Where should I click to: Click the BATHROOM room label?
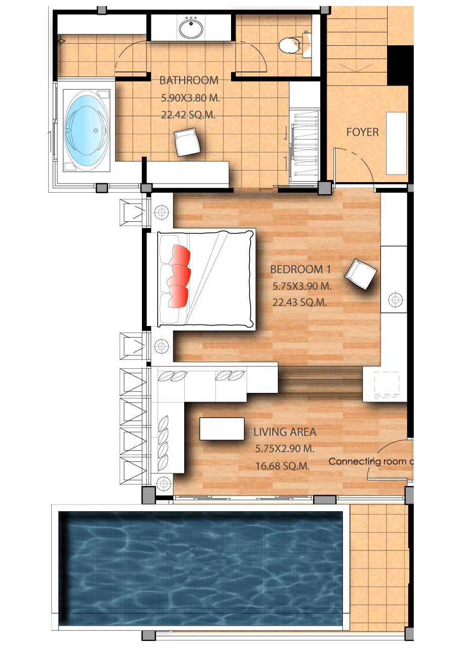click(x=189, y=80)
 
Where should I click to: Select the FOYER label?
click(x=362, y=132)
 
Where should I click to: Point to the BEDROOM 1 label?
click(x=300, y=269)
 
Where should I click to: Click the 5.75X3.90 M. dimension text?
click(x=301, y=286)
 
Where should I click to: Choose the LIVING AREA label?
click(x=284, y=432)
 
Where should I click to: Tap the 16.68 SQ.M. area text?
click(x=282, y=466)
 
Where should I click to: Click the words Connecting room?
click(x=367, y=461)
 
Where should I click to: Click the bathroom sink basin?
click(x=191, y=29)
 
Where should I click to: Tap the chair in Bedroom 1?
click(x=361, y=274)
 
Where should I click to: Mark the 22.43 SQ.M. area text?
click(x=299, y=302)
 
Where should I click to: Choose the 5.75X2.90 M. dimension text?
click(x=285, y=449)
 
